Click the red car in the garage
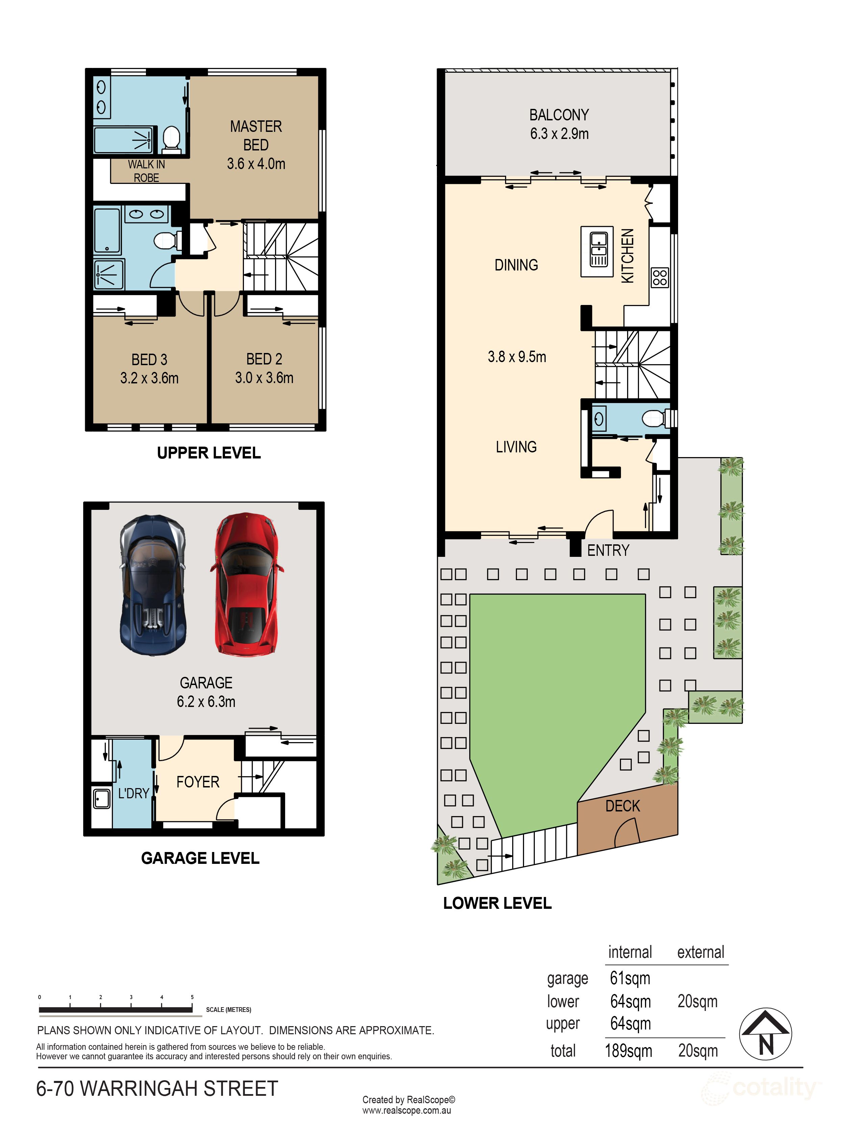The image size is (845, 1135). pyautogui.click(x=246, y=584)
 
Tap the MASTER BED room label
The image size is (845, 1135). pyautogui.click(x=256, y=136)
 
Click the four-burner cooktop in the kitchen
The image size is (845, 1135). pyautogui.click(x=659, y=277)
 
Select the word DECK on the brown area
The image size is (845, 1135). pyautogui.click(x=622, y=806)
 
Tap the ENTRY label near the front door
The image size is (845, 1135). pyautogui.click(x=608, y=551)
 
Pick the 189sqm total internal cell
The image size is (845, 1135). pyautogui.click(x=628, y=1051)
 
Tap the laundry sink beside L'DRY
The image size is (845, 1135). pyautogui.click(x=101, y=798)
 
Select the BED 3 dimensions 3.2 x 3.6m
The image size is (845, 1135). pyautogui.click(x=149, y=378)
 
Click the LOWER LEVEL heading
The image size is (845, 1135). pyautogui.click(x=497, y=903)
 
